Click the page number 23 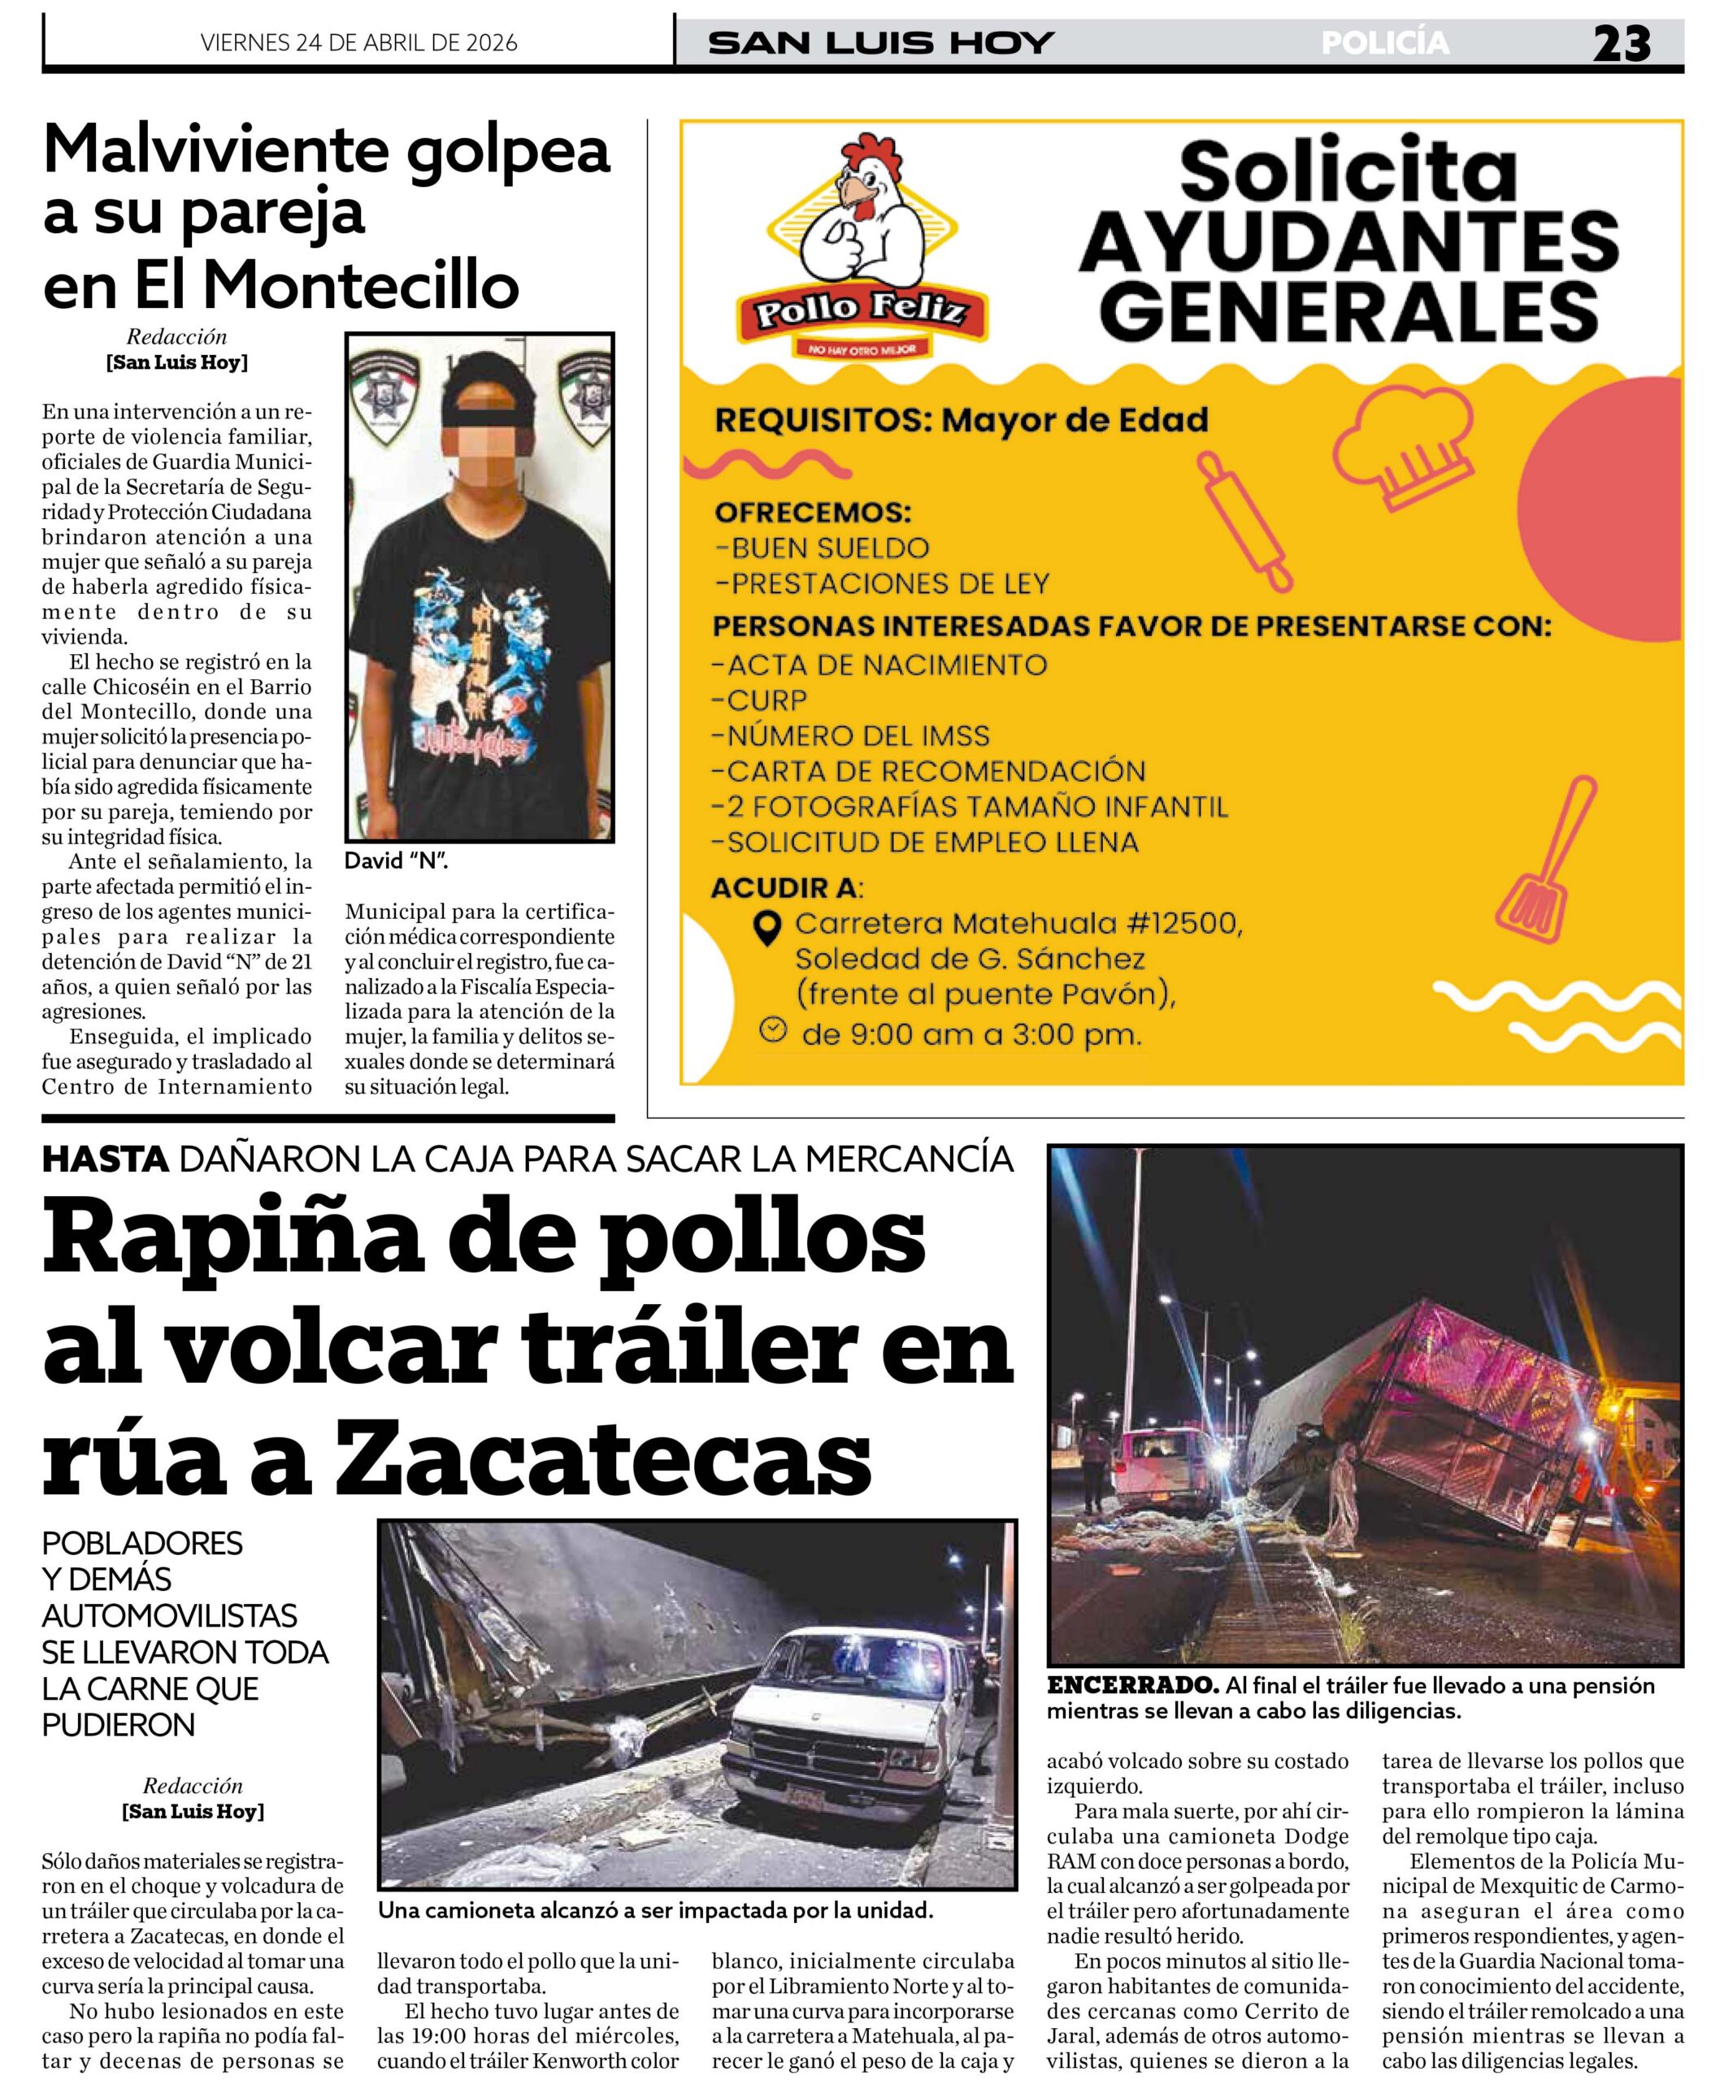[1621, 44]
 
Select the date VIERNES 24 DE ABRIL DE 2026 [358, 42]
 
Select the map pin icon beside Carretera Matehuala [766, 927]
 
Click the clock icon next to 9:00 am [773, 1031]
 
